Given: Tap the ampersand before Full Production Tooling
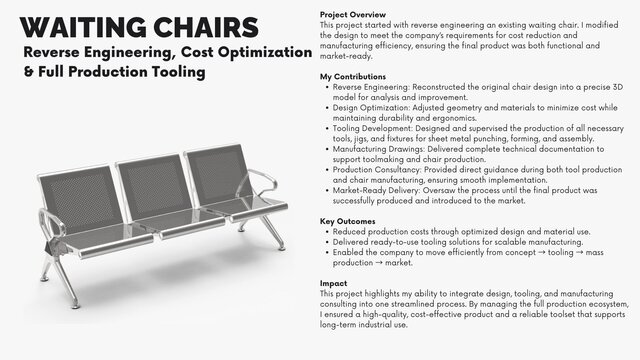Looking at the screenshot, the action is [28, 72].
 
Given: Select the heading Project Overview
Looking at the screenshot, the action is [351, 14].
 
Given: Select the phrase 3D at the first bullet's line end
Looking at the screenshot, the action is [599, 87].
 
